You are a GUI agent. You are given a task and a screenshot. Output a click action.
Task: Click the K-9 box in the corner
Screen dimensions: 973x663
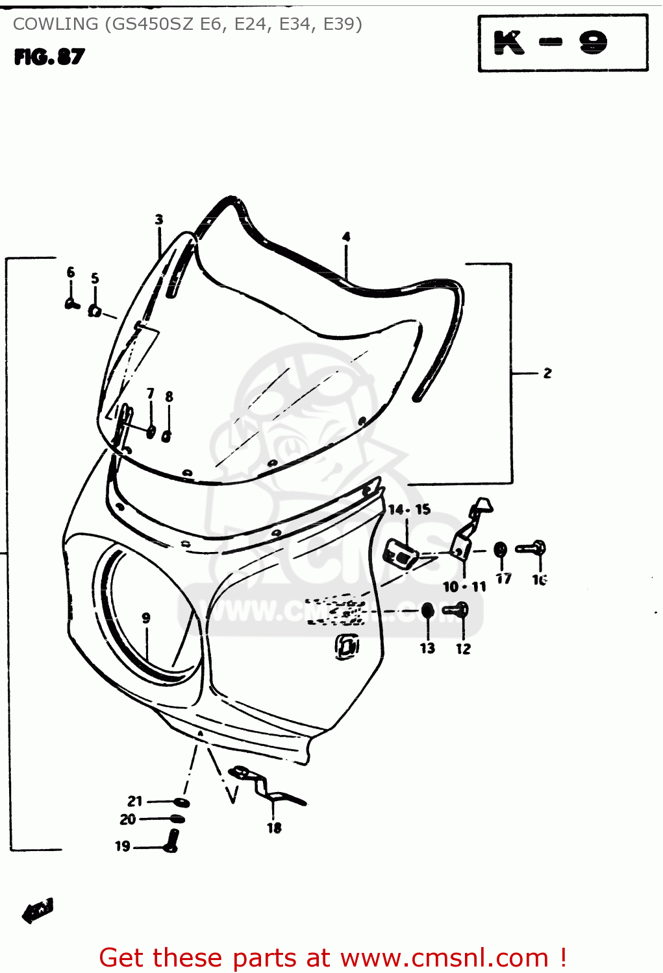point(562,43)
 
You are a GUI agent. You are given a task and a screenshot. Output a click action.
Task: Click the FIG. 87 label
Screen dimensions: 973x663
point(49,57)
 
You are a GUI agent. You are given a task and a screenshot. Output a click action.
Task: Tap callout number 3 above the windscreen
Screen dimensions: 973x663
point(159,220)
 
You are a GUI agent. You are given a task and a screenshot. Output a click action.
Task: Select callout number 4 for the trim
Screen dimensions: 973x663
point(346,237)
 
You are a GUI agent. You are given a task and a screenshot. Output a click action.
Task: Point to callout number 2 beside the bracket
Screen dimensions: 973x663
point(547,373)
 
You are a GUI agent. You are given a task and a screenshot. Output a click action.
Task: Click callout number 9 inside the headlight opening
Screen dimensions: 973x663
point(146,618)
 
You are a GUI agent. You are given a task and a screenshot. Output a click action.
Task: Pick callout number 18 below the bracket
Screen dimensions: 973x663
point(274,828)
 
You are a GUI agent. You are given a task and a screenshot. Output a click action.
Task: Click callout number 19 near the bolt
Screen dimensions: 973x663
point(123,846)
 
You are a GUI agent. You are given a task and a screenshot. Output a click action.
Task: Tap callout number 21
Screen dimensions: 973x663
point(134,801)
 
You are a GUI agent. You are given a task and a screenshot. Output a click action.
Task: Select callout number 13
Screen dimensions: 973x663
point(427,648)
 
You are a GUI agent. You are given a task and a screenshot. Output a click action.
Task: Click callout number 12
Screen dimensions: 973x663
point(463,648)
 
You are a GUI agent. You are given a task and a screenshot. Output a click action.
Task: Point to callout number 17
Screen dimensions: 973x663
point(504,578)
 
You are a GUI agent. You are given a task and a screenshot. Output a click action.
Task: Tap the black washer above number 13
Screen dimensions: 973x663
point(427,610)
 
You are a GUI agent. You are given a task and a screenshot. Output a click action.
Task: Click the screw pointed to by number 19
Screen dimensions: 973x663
point(171,841)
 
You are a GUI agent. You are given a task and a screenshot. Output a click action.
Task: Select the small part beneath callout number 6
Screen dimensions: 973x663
point(71,302)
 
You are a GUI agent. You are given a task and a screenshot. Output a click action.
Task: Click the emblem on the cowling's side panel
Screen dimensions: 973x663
point(347,645)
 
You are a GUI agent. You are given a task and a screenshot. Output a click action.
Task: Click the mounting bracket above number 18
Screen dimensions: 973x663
point(266,785)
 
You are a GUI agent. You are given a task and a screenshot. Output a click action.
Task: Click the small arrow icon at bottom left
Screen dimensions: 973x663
point(38,909)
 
